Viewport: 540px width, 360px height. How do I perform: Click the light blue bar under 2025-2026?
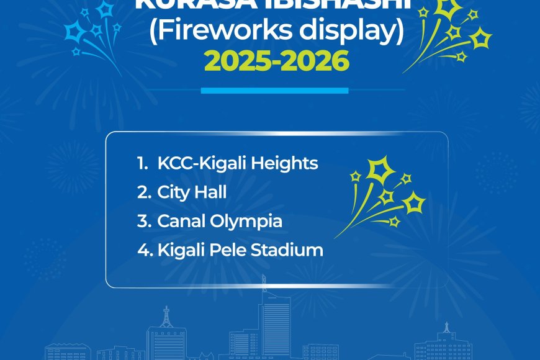[x=274, y=91]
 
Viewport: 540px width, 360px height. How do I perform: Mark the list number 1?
[x=142, y=163]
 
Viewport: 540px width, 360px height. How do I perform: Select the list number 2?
[x=143, y=192]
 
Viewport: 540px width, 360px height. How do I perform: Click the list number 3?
[x=143, y=221]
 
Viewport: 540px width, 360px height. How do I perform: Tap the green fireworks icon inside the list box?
[x=385, y=196]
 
